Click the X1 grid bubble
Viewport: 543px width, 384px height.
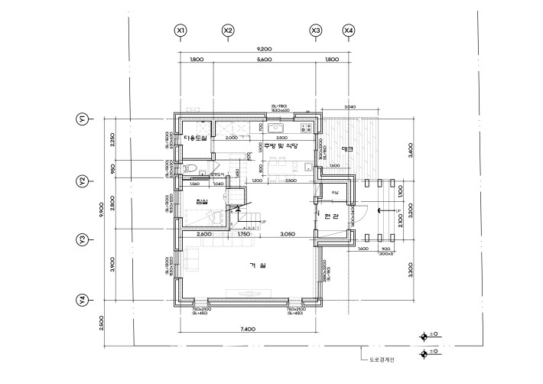[x=180, y=31]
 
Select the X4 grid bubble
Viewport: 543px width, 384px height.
[x=349, y=31]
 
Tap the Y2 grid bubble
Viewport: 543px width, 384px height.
[x=80, y=181]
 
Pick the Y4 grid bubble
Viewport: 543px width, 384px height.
[x=80, y=299]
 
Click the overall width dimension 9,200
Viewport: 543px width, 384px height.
[x=265, y=49]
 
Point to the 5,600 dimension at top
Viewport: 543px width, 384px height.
[x=265, y=60]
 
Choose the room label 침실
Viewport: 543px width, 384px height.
[x=201, y=201]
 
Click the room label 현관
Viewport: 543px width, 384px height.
[x=332, y=216]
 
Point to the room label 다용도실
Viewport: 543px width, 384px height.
[x=196, y=138]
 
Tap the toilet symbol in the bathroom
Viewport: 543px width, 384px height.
[x=191, y=168]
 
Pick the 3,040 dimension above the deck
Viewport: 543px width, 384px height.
[x=350, y=107]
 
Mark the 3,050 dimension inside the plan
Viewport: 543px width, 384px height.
[x=288, y=233]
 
